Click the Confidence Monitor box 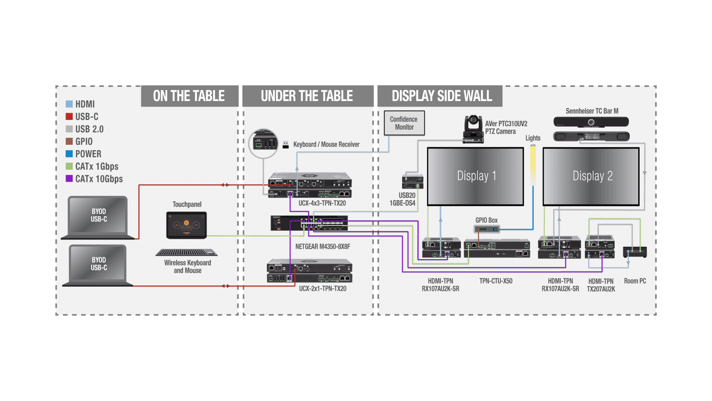pyautogui.click(x=404, y=123)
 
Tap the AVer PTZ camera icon pyautogui.click(x=473, y=130)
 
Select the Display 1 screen pyautogui.click(x=475, y=176)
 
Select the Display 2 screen pyautogui.click(x=591, y=176)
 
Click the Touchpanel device pyautogui.click(x=187, y=225)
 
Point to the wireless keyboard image pyautogui.click(x=187, y=252)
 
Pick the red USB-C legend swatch pyautogui.click(x=69, y=117)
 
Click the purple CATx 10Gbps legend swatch pyautogui.click(x=69, y=179)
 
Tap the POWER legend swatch pyautogui.click(x=69, y=154)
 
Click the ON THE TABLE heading pyautogui.click(x=189, y=96)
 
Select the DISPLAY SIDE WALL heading pyautogui.click(x=442, y=96)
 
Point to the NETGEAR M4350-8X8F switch pyautogui.click(x=309, y=223)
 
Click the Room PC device pyautogui.click(x=635, y=252)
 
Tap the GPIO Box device pyautogui.click(x=487, y=229)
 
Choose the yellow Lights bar pyautogui.click(x=533, y=165)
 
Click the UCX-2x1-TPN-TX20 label pyautogui.click(x=323, y=288)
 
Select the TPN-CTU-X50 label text pyautogui.click(x=496, y=281)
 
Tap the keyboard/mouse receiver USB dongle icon pyautogui.click(x=286, y=145)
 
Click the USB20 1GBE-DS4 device pyautogui.click(x=412, y=181)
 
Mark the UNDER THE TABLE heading pyautogui.click(x=307, y=96)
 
